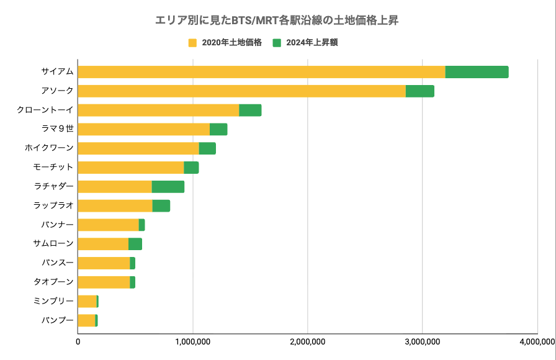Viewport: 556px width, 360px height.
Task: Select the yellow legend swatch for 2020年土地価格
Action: tap(192, 43)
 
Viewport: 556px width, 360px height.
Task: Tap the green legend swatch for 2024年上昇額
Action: tap(277, 43)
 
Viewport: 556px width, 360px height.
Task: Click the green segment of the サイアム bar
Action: tap(477, 72)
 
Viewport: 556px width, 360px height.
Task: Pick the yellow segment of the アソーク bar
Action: tap(241, 91)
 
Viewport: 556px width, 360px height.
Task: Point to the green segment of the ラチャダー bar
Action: tap(168, 187)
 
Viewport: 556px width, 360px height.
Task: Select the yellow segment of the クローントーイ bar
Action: tap(158, 110)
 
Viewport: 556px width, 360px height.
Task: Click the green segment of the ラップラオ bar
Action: tap(161, 206)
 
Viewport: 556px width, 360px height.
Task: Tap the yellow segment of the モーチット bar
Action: tap(130, 168)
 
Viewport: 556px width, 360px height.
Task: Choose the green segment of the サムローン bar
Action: tap(135, 244)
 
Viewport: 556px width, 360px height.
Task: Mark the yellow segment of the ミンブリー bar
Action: tap(87, 302)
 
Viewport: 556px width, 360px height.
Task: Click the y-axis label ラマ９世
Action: tap(56, 129)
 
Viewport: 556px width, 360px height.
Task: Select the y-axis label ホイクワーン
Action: tap(53, 148)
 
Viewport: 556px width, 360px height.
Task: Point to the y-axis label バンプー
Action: tap(57, 320)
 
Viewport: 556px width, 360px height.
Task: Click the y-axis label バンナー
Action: tap(57, 225)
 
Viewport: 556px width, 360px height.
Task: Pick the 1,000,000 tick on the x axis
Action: tap(192, 341)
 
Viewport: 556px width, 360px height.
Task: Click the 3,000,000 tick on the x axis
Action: tap(422, 341)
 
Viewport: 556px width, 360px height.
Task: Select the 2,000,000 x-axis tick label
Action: tap(307, 341)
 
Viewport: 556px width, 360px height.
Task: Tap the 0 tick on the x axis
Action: tap(78, 341)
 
